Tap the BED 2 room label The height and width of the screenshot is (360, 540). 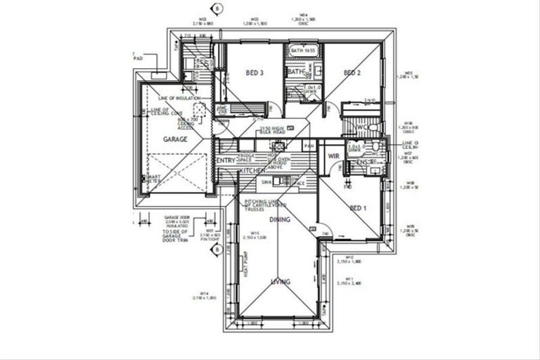pos(352,73)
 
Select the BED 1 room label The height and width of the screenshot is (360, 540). pos(358,208)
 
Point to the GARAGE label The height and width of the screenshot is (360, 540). pos(175,140)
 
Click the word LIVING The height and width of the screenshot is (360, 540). pos(281,281)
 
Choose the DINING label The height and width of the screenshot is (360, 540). pos(279,220)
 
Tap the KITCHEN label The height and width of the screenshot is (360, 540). pos(252,171)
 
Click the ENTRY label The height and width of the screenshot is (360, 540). pos(226,161)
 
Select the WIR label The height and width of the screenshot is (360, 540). pos(334,155)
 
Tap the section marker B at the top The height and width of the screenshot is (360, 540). pos(218,8)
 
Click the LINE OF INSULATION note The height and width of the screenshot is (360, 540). pos(179,98)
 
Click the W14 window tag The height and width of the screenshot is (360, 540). pos(204,295)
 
